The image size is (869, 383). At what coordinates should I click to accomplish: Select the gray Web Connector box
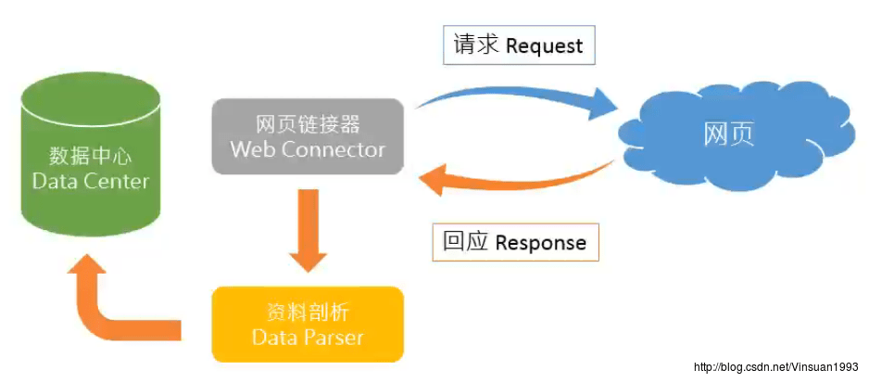(x=308, y=136)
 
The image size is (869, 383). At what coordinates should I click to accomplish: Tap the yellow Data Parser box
(x=308, y=325)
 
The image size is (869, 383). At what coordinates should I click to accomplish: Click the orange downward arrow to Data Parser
(x=309, y=230)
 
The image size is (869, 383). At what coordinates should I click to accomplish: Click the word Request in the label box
(x=544, y=45)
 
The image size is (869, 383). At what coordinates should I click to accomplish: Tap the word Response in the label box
(x=540, y=243)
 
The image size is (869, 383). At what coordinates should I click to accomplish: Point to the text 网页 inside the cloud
(x=729, y=134)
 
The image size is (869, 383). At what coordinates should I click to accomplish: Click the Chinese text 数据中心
(x=90, y=157)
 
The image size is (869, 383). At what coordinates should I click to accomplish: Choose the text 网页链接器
(x=308, y=125)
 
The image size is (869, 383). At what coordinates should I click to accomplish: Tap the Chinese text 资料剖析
(x=308, y=313)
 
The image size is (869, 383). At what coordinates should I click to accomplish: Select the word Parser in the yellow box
(x=336, y=338)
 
